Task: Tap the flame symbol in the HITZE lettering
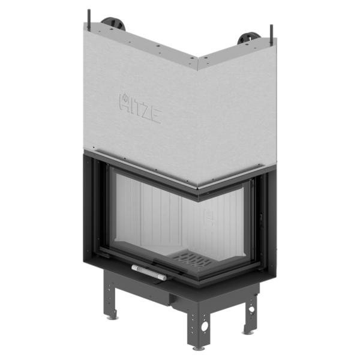click(125, 98)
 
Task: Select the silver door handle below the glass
click(149, 272)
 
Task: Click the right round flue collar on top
click(250, 38)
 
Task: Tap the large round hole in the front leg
click(205, 325)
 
